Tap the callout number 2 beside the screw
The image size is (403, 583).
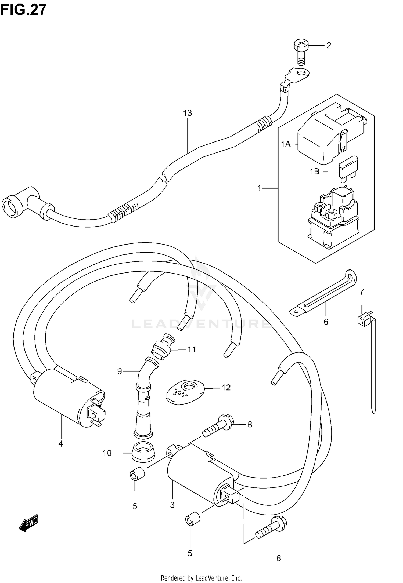(x=328, y=46)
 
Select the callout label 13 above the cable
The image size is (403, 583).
(x=188, y=113)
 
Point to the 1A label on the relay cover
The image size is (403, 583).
(x=286, y=144)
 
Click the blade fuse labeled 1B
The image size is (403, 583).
(x=348, y=170)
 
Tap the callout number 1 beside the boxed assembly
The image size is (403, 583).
(x=259, y=188)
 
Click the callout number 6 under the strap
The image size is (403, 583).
(x=326, y=322)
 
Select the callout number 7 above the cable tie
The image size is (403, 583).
(x=362, y=291)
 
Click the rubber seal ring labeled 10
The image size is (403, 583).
(x=143, y=453)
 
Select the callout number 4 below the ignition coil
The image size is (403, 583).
(x=60, y=444)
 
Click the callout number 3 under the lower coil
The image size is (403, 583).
(x=172, y=505)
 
